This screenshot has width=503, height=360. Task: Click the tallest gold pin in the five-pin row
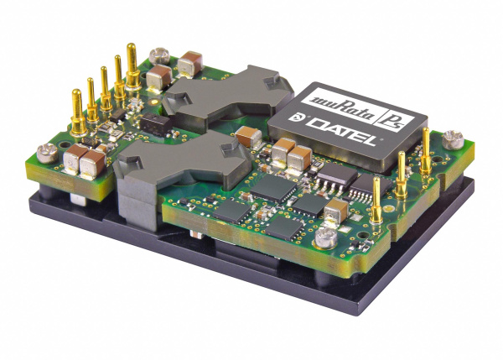tap(131, 65)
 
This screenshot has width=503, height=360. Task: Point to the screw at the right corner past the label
tap(454, 138)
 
